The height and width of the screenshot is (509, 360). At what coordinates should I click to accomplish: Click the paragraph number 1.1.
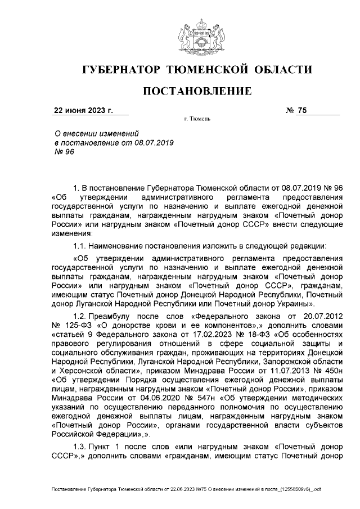coord(81,245)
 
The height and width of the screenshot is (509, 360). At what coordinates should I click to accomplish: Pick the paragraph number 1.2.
coord(81,317)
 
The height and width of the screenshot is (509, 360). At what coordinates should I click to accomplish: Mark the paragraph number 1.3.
coord(81,444)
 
